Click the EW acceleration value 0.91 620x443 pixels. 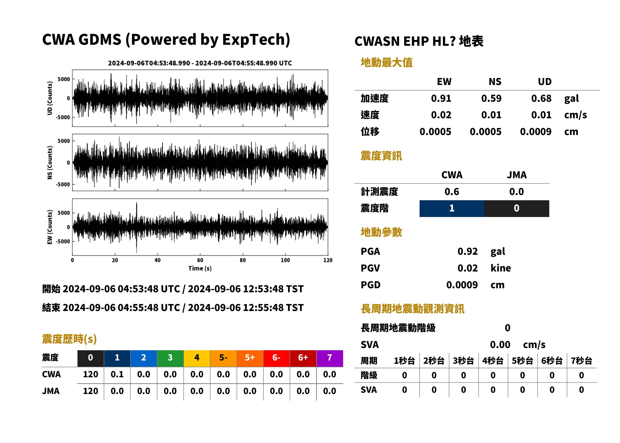(441, 98)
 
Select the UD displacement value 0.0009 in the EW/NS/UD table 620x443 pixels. (536, 132)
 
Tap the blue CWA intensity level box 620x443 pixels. (452, 208)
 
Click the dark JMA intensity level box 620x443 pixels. (517, 208)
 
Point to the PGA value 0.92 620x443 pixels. (468, 251)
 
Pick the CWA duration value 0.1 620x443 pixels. (117, 374)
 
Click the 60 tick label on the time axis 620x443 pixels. (200, 260)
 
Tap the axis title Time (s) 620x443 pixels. (200, 268)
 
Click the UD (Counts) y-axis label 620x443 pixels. (50, 98)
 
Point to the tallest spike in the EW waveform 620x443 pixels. (137, 203)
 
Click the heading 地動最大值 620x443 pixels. (387, 62)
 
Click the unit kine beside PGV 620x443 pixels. (501, 268)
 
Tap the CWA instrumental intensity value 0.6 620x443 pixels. (452, 192)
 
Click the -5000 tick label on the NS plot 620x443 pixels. (63, 184)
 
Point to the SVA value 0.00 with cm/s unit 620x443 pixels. (500, 345)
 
